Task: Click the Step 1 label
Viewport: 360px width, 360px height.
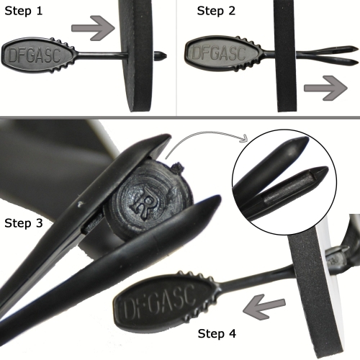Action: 24,11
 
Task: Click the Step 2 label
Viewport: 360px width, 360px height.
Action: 216,11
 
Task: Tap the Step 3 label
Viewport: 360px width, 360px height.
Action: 24,223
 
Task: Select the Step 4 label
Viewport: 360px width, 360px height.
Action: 217,333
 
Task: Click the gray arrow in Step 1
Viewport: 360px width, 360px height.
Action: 93,28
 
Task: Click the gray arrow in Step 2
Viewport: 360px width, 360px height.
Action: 325,88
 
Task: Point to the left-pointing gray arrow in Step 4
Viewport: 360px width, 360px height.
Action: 264,307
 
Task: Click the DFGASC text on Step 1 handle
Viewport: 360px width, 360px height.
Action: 35,55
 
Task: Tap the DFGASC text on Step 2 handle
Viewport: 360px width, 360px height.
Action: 219,53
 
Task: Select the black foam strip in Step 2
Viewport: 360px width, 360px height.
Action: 286,55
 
